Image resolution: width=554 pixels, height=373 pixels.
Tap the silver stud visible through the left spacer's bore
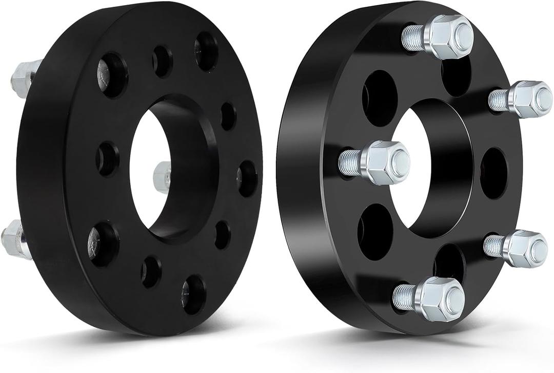coord(162,176)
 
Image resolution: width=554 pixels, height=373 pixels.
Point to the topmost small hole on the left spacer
coord(162,61)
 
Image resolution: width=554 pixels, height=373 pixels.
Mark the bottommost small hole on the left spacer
coord(151,271)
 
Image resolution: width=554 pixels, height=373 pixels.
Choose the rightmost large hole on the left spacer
coord(247,178)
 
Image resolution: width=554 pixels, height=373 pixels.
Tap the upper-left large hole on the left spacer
coord(112,75)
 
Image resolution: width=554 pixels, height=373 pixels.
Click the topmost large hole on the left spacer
coord(207,51)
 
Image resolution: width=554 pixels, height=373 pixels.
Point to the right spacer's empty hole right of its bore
coord(493,173)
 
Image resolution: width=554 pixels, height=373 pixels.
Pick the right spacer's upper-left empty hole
coord(379,98)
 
